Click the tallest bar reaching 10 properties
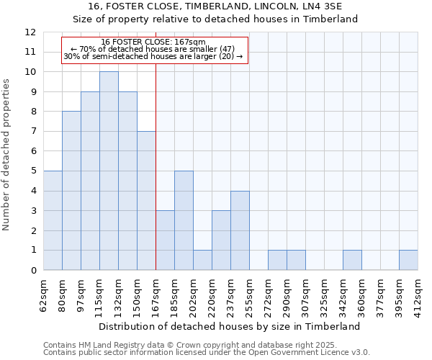click(x=109, y=171)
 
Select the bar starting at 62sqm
click(x=53, y=220)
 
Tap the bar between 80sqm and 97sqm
click(x=71, y=191)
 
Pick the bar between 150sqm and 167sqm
click(x=146, y=201)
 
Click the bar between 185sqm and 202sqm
click(x=184, y=220)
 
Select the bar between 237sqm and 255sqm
click(x=240, y=230)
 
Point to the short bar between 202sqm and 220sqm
click(x=202, y=260)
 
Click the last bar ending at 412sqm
click(x=408, y=260)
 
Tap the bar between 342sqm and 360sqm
click(x=352, y=260)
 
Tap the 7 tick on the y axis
click(x=32, y=132)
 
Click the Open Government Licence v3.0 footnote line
click(x=206, y=353)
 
